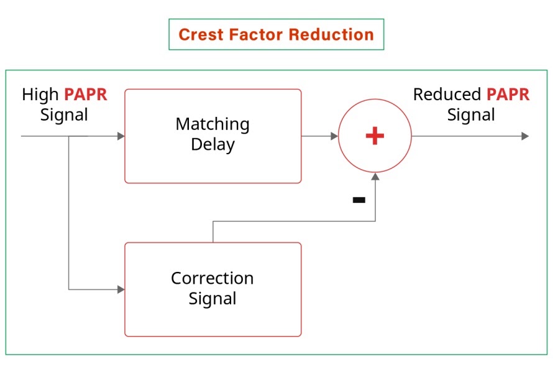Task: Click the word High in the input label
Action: pyautogui.click(x=41, y=95)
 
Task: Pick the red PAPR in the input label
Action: pyautogui.click(x=86, y=95)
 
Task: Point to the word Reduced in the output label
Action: pyautogui.click(x=447, y=95)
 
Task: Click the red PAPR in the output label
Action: pyautogui.click(x=508, y=95)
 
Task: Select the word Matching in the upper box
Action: pyautogui.click(x=213, y=124)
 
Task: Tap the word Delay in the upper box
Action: pyautogui.click(x=213, y=145)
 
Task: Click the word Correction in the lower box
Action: pyautogui.click(x=213, y=278)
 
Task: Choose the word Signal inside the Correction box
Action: pyautogui.click(x=213, y=299)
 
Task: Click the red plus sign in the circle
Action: pyautogui.click(x=375, y=136)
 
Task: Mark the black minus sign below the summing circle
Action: pyautogui.click(x=359, y=200)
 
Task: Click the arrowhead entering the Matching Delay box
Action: pyautogui.click(x=121, y=136)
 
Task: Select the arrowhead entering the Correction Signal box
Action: pyautogui.click(x=121, y=289)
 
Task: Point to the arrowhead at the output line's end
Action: pyautogui.click(x=525, y=136)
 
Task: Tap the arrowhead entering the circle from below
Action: pyautogui.click(x=375, y=177)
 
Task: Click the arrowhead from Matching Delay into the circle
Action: pyautogui.click(x=334, y=136)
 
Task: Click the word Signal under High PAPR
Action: pyautogui.click(x=64, y=115)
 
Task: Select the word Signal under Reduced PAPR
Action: pyautogui.click(x=471, y=115)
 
